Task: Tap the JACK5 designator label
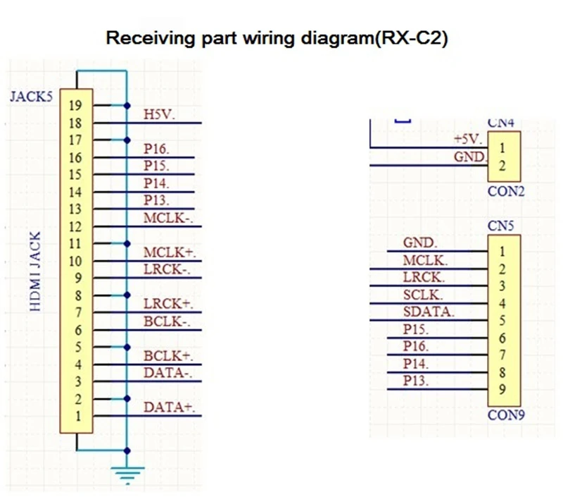(32, 97)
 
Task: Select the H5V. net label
(159, 114)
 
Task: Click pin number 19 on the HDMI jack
(76, 106)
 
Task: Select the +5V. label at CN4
(468, 139)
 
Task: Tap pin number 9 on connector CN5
(501, 389)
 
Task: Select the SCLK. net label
(423, 295)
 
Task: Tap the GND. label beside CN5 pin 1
(420, 243)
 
